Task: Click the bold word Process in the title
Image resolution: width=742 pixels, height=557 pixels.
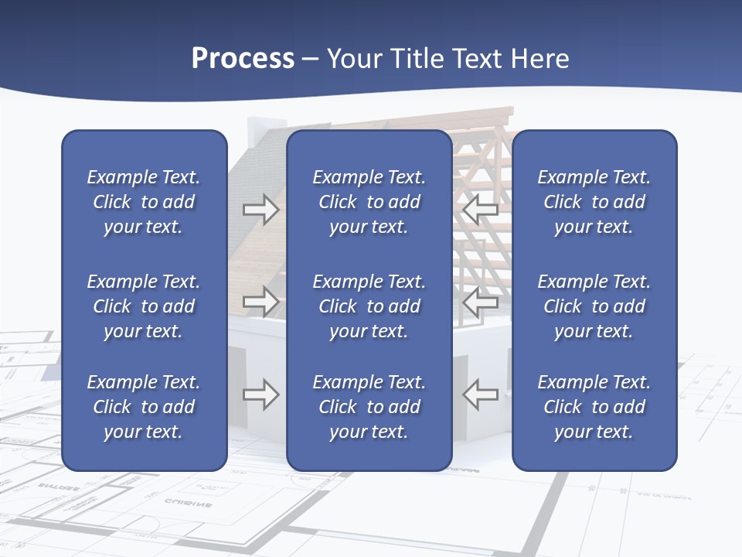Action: (x=243, y=59)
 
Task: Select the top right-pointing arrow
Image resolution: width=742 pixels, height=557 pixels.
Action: (x=260, y=210)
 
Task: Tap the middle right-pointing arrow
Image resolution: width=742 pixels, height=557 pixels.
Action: (x=260, y=301)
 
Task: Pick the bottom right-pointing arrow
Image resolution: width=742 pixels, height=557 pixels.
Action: (x=260, y=395)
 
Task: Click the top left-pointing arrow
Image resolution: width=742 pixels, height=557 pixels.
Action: (x=481, y=208)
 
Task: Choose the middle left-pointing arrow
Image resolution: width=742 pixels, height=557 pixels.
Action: (x=481, y=301)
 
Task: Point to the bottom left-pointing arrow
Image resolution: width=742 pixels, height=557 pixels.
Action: (x=481, y=394)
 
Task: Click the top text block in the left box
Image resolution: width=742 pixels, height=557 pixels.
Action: (x=144, y=202)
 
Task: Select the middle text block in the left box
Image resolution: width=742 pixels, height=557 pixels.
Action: (x=144, y=306)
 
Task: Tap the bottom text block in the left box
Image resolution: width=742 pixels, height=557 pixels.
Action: (x=144, y=407)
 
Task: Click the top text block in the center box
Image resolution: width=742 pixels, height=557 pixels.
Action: (x=369, y=202)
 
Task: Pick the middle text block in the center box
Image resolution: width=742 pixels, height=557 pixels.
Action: (x=369, y=306)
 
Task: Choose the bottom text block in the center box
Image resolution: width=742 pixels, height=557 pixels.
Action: (x=369, y=407)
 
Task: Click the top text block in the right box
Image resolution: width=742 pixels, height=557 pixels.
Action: (x=594, y=202)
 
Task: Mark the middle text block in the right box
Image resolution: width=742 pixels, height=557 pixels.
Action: (x=594, y=306)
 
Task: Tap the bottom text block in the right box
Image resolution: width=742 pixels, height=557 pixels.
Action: (x=594, y=407)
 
